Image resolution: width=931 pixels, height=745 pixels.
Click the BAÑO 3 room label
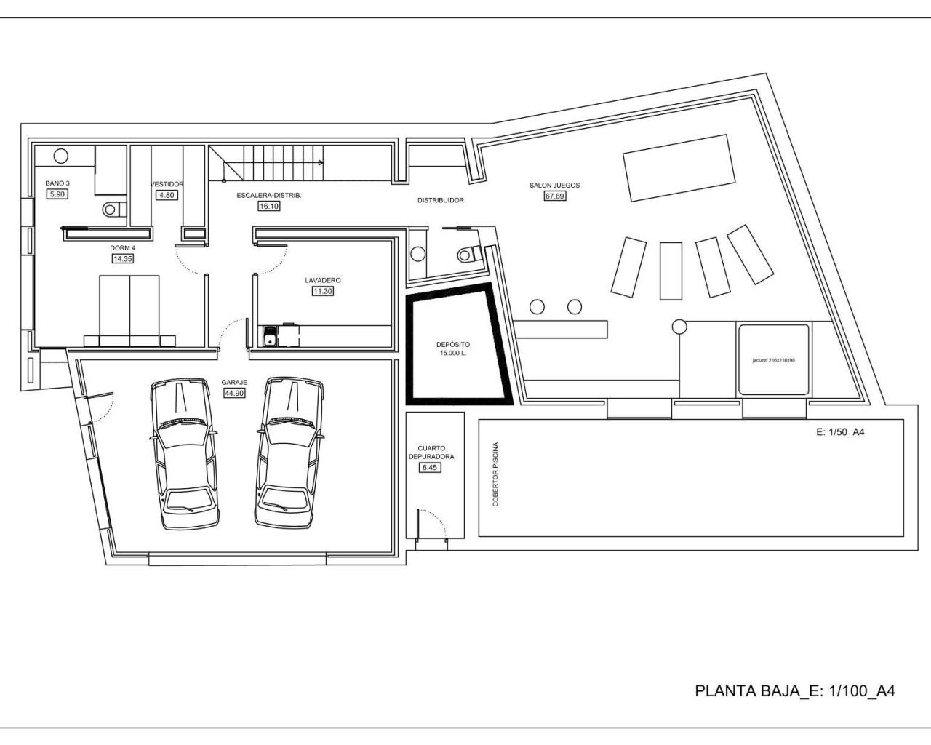coord(57,183)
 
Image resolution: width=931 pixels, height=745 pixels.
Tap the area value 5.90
coord(57,194)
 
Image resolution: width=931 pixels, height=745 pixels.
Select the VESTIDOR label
coord(167,184)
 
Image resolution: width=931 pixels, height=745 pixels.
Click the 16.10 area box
coord(268,207)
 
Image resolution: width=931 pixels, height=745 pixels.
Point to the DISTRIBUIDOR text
coord(440,200)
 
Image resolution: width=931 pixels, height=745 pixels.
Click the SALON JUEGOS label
coord(554,186)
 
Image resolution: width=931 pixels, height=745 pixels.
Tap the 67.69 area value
coord(554,196)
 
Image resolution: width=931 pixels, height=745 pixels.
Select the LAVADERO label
coord(322,280)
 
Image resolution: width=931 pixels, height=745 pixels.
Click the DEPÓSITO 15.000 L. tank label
coord(452,348)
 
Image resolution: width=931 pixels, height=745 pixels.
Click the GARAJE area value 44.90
coord(234,393)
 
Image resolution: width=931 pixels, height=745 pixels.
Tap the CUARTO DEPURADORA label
coord(436,453)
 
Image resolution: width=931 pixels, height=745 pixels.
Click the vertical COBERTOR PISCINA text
coord(496,474)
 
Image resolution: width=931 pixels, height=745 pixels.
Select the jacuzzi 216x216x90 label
coord(773,360)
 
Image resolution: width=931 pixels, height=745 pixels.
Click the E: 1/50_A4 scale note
coord(840,432)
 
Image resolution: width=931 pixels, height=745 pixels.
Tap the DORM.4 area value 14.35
coord(122,258)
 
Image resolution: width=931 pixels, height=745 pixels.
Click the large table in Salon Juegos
coord(676,167)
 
